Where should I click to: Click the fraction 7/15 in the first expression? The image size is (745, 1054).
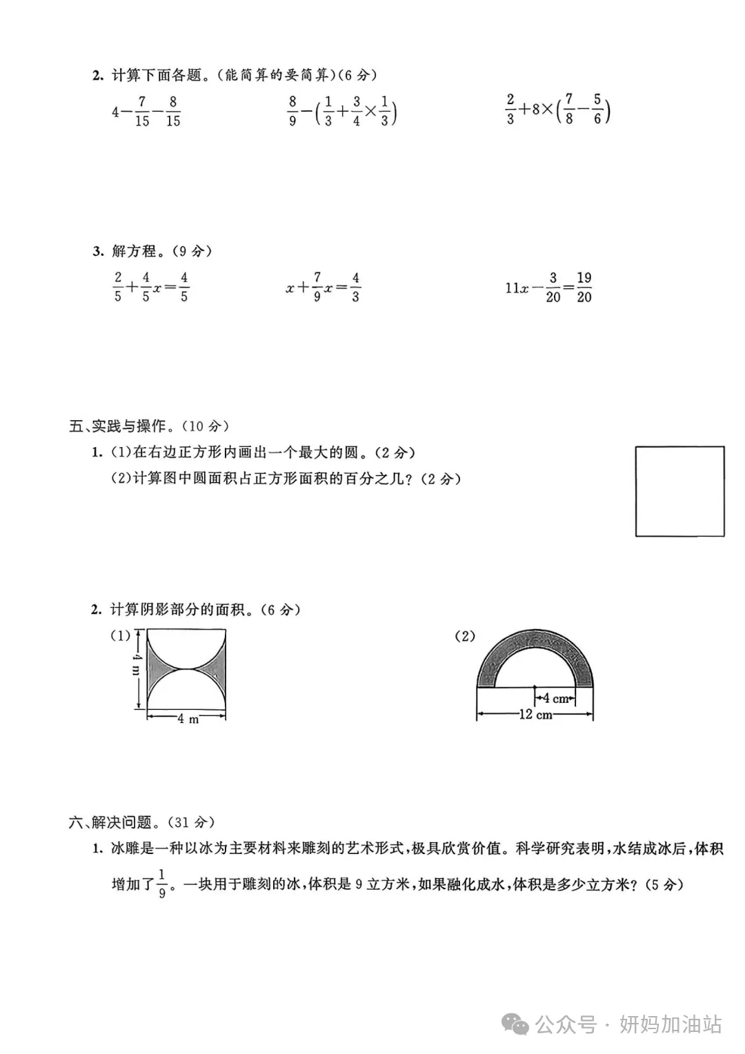point(142,111)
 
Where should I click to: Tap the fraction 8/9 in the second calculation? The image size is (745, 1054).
point(292,111)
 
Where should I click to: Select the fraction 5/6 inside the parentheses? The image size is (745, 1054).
point(597,110)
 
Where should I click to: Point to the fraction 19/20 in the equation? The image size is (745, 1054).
point(584,287)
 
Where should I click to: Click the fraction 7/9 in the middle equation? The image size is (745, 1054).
point(317,287)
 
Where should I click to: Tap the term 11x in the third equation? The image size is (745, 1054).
point(517,288)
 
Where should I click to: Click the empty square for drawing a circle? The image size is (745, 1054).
point(679,491)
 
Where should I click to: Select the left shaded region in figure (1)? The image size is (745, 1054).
point(158,668)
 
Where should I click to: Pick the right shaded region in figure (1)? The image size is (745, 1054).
point(215,668)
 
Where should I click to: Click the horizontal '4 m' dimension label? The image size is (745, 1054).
point(187,719)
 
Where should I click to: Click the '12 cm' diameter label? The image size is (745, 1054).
point(535,715)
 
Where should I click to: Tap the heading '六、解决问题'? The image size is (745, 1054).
point(110,822)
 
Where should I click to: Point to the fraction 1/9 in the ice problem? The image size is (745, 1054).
point(162,884)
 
